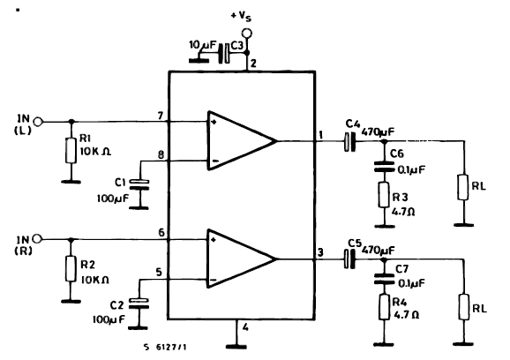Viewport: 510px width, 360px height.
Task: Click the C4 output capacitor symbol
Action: click(349, 140)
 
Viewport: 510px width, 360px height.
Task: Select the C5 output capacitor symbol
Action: click(349, 259)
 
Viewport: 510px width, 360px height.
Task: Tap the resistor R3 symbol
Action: click(384, 194)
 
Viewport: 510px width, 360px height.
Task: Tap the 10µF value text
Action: click(201, 44)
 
